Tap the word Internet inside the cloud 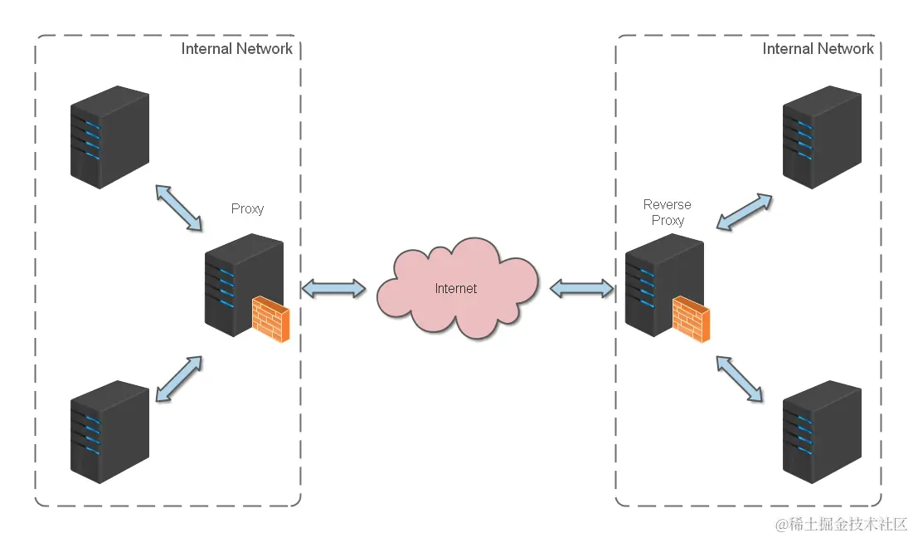pos(456,289)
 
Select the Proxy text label pos(247,208)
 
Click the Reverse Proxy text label pos(668,213)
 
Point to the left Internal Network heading pos(237,49)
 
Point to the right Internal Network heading pos(818,49)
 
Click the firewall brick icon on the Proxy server pos(271,320)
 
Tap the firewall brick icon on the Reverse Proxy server pos(691,320)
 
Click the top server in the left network pos(109,137)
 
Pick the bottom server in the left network pos(109,432)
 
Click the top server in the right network pos(822,137)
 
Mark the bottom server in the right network pos(822,432)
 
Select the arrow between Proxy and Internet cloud pos(333,289)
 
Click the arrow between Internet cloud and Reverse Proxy pos(582,289)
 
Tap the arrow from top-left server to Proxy pos(178,208)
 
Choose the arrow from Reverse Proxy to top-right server pos(744,213)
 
